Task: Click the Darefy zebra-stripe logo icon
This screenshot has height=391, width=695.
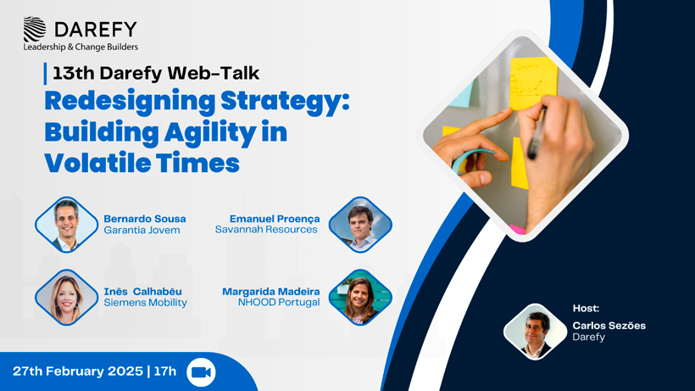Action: pyautogui.click(x=35, y=29)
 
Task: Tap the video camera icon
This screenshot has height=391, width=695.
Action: pyautogui.click(x=201, y=372)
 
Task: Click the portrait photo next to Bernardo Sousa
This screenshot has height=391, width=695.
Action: pyautogui.click(x=66, y=226)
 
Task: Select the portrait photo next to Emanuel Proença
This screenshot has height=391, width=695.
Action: pyautogui.click(x=360, y=225)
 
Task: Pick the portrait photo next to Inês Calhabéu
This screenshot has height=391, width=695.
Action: pyautogui.click(x=66, y=298)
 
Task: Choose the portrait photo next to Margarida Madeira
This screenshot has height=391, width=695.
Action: pyautogui.click(x=360, y=298)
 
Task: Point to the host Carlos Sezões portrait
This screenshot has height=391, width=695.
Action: pyautogui.click(x=536, y=332)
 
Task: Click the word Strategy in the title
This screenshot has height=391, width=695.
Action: pyautogui.click(x=285, y=102)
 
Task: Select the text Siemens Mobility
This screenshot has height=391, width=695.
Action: pyautogui.click(x=146, y=303)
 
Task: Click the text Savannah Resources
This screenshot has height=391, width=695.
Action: pyautogui.click(x=266, y=230)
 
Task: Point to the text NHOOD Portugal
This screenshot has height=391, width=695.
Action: pyautogui.click(x=279, y=302)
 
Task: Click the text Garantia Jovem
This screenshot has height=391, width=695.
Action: pyautogui.click(x=142, y=230)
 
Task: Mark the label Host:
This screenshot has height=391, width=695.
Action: pyautogui.click(x=586, y=308)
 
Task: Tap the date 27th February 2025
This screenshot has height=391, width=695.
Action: pyautogui.click(x=78, y=371)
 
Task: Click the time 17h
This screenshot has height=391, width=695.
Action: pyautogui.click(x=165, y=371)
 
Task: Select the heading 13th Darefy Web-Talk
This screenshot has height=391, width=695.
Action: pyautogui.click(x=156, y=73)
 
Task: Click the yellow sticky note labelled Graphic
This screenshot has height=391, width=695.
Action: pyautogui.click(x=533, y=83)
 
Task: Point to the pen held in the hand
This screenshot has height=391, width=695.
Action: pyautogui.click(x=536, y=132)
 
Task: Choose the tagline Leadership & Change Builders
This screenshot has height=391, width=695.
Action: pyautogui.click(x=81, y=47)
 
